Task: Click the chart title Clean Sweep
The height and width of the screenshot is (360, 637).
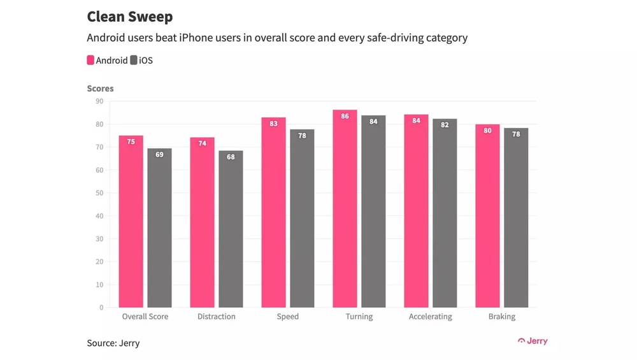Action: click(x=129, y=17)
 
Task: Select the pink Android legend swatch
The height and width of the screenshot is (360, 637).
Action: click(x=90, y=61)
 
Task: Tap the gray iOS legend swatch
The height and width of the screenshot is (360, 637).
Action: click(x=134, y=61)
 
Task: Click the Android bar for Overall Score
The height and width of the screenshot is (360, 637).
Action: click(x=131, y=223)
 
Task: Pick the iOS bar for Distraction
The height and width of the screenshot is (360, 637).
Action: click(x=231, y=229)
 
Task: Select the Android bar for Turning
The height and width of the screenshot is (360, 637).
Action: click(x=345, y=210)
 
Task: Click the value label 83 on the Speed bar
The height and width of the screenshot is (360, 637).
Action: click(x=273, y=124)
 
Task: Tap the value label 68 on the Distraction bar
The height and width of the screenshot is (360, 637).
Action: click(x=231, y=157)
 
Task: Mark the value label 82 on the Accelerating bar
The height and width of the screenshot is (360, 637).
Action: click(x=445, y=125)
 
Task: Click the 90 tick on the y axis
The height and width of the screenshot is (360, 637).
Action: click(x=99, y=101)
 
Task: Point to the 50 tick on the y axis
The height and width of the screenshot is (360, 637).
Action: click(x=99, y=193)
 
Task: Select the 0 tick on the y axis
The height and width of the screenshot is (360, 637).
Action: click(x=101, y=308)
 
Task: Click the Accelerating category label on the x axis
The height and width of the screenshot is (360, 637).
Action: click(x=430, y=317)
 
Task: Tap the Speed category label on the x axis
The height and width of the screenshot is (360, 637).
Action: click(x=288, y=317)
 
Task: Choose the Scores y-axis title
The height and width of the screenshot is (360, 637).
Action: click(x=100, y=89)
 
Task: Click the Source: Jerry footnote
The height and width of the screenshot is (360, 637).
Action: click(x=113, y=343)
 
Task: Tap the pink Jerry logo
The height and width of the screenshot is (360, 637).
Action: click(x=533, y=341)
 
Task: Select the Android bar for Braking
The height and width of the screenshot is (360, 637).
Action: click(x=487, y=217)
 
